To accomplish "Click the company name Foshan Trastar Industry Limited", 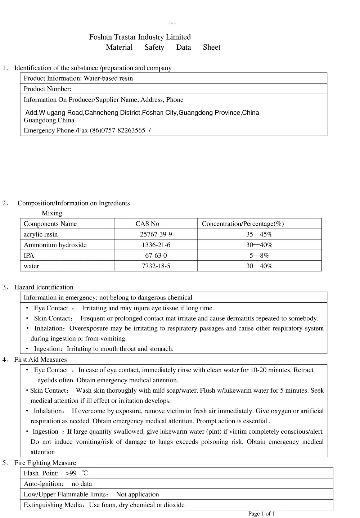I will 140,37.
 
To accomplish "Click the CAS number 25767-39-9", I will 156,234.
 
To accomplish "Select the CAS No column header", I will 147,224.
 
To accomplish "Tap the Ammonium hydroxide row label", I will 55,245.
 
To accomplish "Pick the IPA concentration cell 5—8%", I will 259,256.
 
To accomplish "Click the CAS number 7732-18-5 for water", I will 156,266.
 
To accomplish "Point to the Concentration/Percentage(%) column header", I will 243,224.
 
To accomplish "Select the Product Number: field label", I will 48,89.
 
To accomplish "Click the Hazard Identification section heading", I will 44,287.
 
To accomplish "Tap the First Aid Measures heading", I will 40,360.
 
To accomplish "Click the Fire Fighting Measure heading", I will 45,463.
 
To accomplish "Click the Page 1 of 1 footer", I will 261,514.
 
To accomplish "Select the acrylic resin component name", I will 41,234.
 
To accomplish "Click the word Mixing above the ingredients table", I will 52,213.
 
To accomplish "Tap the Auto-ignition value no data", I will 82,484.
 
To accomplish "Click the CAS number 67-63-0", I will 156,256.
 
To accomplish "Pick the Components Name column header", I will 50,224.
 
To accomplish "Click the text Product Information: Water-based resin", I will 78,78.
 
